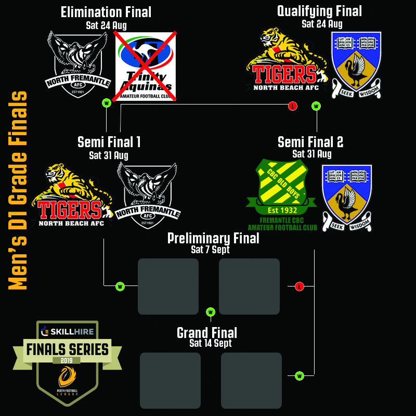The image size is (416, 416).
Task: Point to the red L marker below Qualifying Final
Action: (293, 106)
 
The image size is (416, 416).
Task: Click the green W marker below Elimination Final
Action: (107, 103)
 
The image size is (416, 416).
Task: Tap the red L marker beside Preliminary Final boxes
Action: (299, 287)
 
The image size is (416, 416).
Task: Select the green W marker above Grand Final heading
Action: (211, 312)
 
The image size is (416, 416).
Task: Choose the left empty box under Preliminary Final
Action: (168, 287)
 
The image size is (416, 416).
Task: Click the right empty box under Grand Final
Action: (251, 380)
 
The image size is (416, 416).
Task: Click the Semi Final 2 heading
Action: (310, 142)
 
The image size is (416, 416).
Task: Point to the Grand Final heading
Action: (207, 332)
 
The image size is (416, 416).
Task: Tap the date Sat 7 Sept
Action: (210, 250)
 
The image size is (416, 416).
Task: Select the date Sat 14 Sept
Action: (211, 343)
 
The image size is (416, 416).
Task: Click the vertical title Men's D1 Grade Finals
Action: (18, 191)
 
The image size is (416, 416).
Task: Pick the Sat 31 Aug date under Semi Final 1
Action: (108, 155)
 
